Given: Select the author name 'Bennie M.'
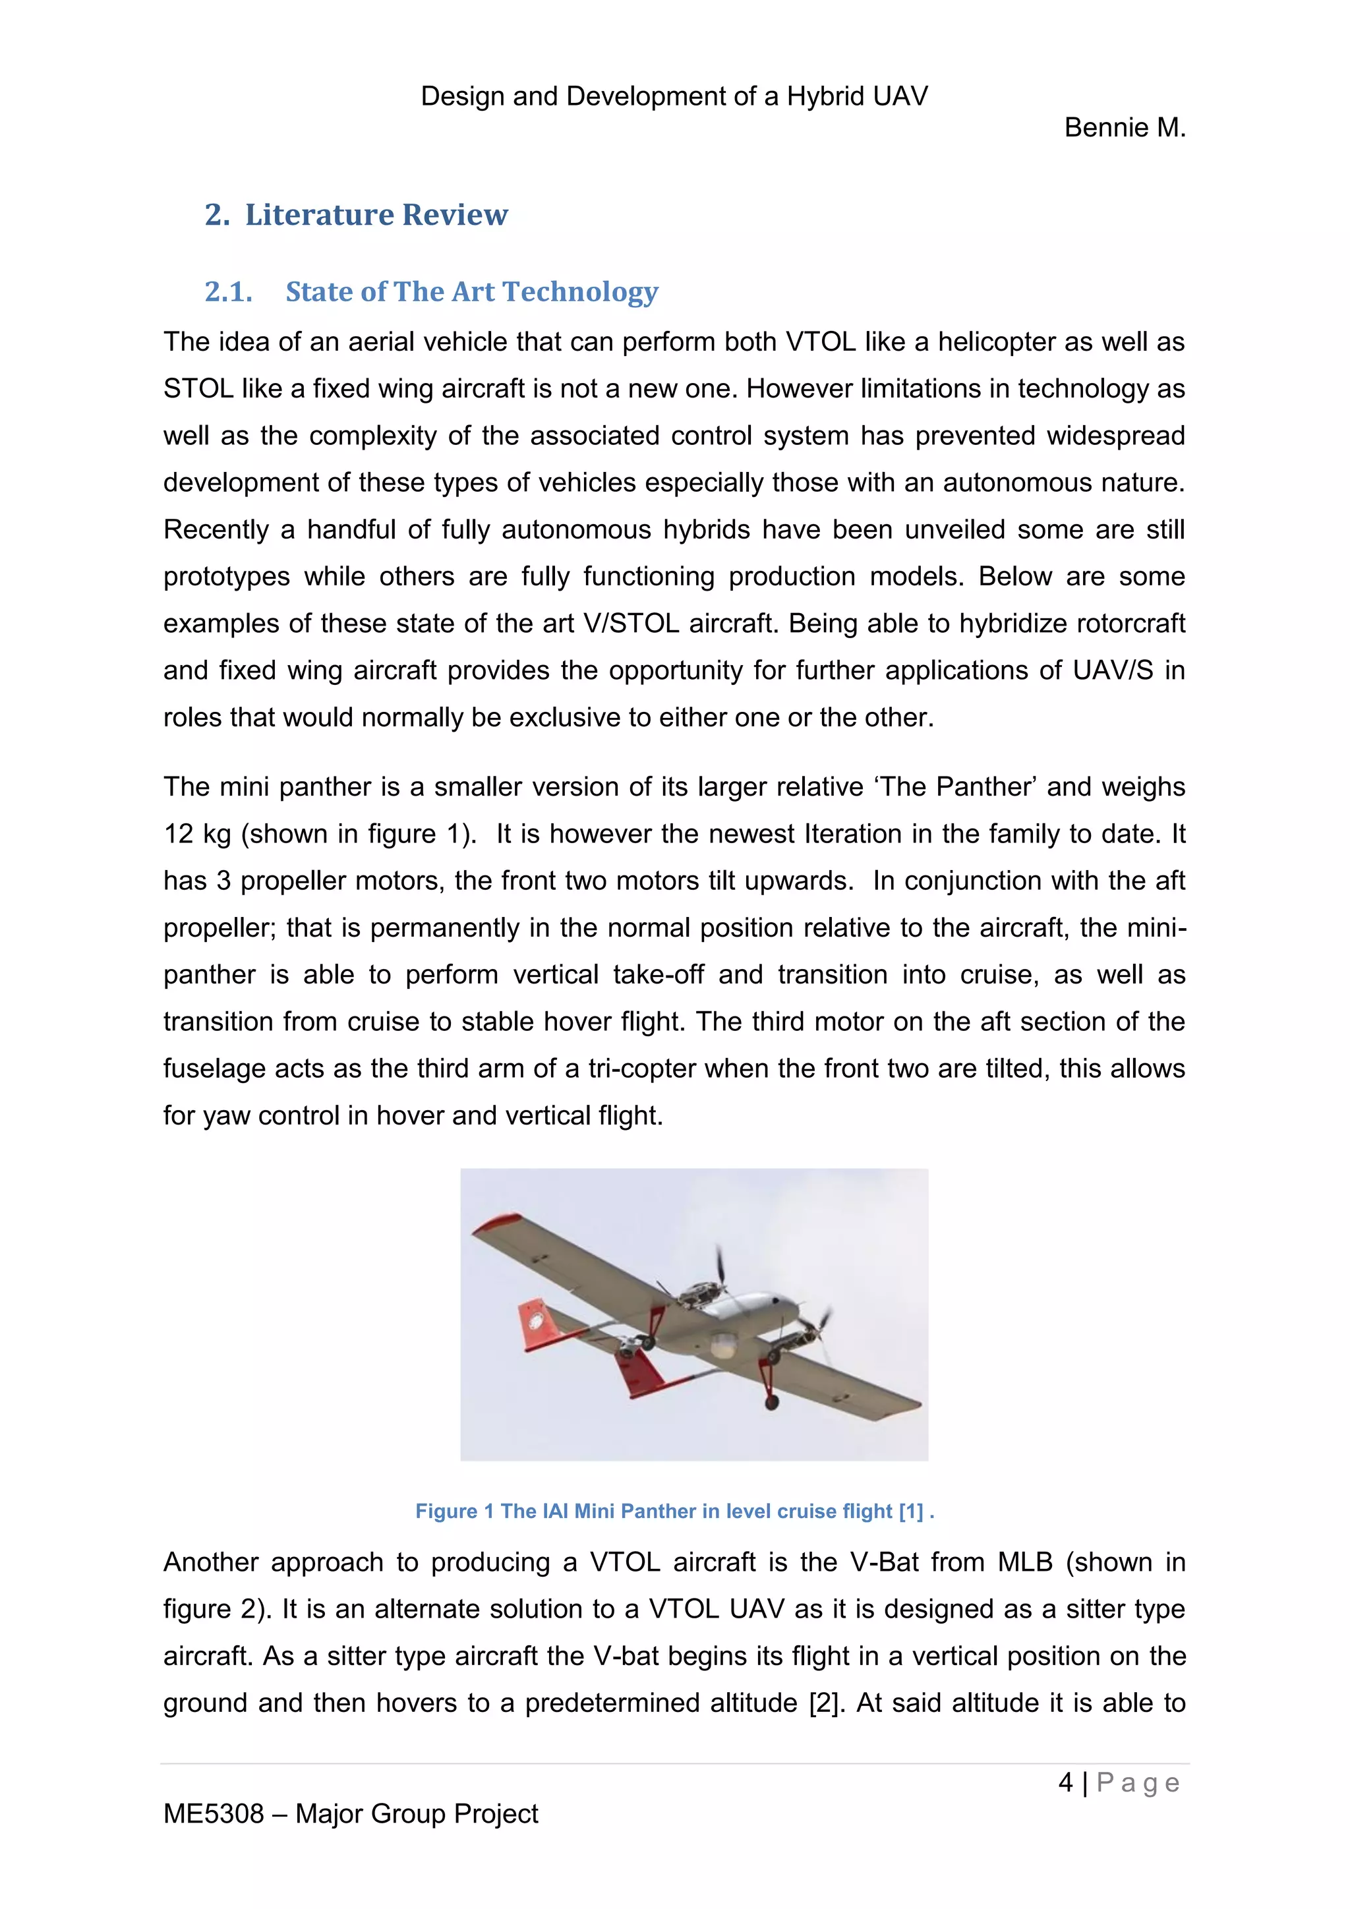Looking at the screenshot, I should [x=1125, y=128].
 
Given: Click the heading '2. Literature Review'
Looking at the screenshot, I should [x=356, y=214].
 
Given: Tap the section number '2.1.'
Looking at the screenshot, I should [x=229, y=292].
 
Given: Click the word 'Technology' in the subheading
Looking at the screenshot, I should [x=580, y=292].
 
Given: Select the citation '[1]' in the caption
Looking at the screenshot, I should [x=911, y=1511].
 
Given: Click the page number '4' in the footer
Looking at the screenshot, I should [x=1066, y=1782].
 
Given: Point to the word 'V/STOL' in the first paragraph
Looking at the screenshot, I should [x=631, y=624].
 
